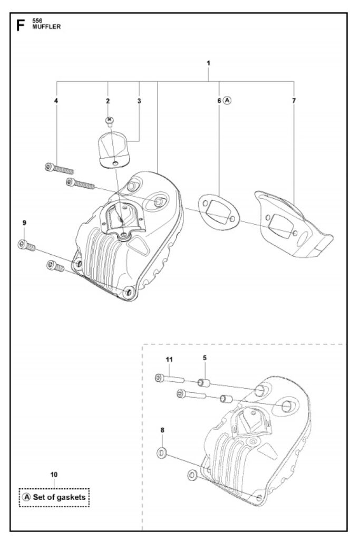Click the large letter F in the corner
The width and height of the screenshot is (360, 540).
point(21,25)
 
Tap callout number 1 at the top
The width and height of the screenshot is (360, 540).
point(209,63)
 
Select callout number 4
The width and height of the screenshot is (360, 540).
point(56,100)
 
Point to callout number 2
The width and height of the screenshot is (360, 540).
point(108,100)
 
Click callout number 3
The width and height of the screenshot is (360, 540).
point(139,100)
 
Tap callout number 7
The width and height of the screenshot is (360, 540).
point(294,100)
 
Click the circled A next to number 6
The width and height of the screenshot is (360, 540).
point(227,100)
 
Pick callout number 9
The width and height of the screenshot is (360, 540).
point(24,223)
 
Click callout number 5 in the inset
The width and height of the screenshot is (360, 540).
point(205,358)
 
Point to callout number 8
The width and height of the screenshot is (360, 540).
point(162,430)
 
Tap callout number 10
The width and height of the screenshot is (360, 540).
point(54,474)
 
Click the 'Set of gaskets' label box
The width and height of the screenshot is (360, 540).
point(53,496)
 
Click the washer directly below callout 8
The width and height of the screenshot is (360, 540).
point(162,452)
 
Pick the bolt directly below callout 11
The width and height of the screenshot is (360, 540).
point(169,379)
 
